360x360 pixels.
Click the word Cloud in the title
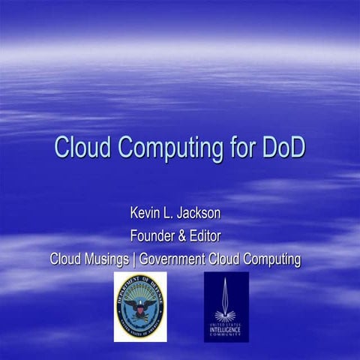(x=81, y=146)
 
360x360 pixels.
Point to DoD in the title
(x=284, y=146)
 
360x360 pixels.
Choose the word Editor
(x=208, y=237)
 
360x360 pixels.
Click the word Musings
(x=105, y=259)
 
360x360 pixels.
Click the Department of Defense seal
(x=140, y=307)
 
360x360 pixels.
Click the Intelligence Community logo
(x=226, y=307)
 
